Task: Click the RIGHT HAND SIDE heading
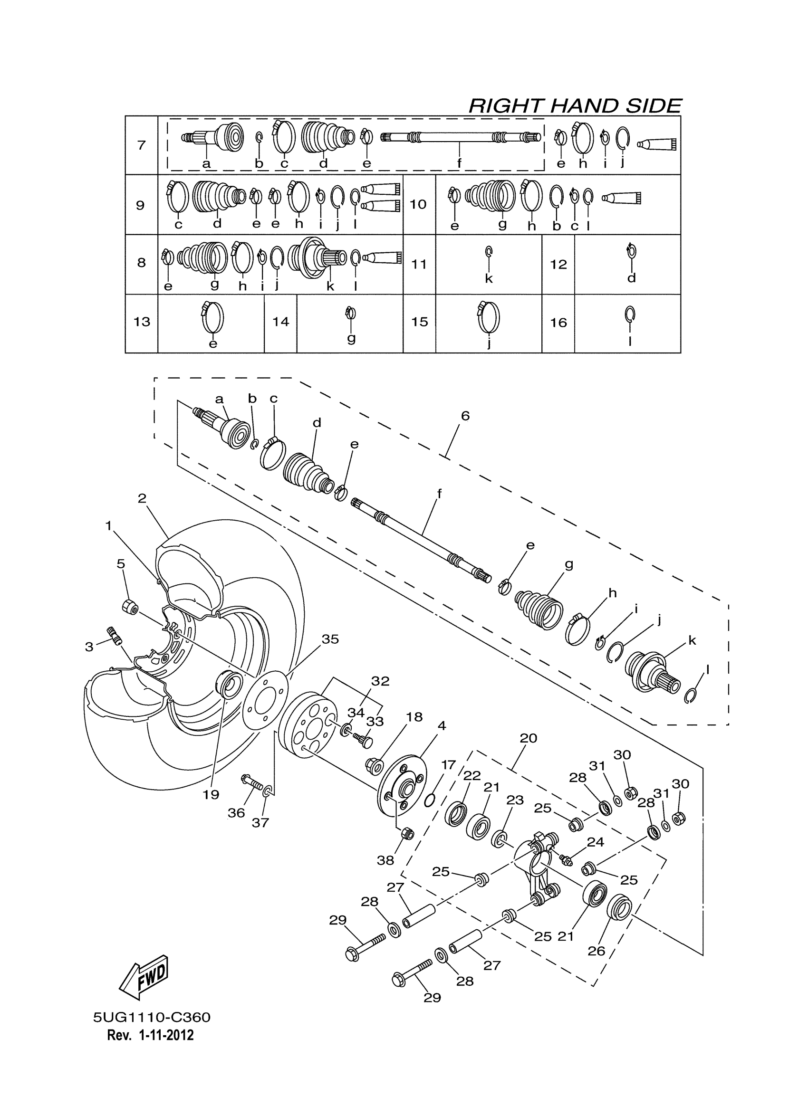[575, 105]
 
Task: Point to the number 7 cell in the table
[142, 145]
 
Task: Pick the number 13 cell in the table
[142, 322]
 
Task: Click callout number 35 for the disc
[330, 639]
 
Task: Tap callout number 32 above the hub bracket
[380, 681]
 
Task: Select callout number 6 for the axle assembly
[465, 416]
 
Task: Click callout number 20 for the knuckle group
[528, 738]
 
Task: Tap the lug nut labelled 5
[130, 607]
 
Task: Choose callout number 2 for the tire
[142, 498]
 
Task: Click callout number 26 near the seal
[596, 951]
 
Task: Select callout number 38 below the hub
[385, 860]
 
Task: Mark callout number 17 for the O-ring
[448, 765]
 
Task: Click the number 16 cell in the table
[558, 323]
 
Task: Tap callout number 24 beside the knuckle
[595, 842]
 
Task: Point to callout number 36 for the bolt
[236, 813]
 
